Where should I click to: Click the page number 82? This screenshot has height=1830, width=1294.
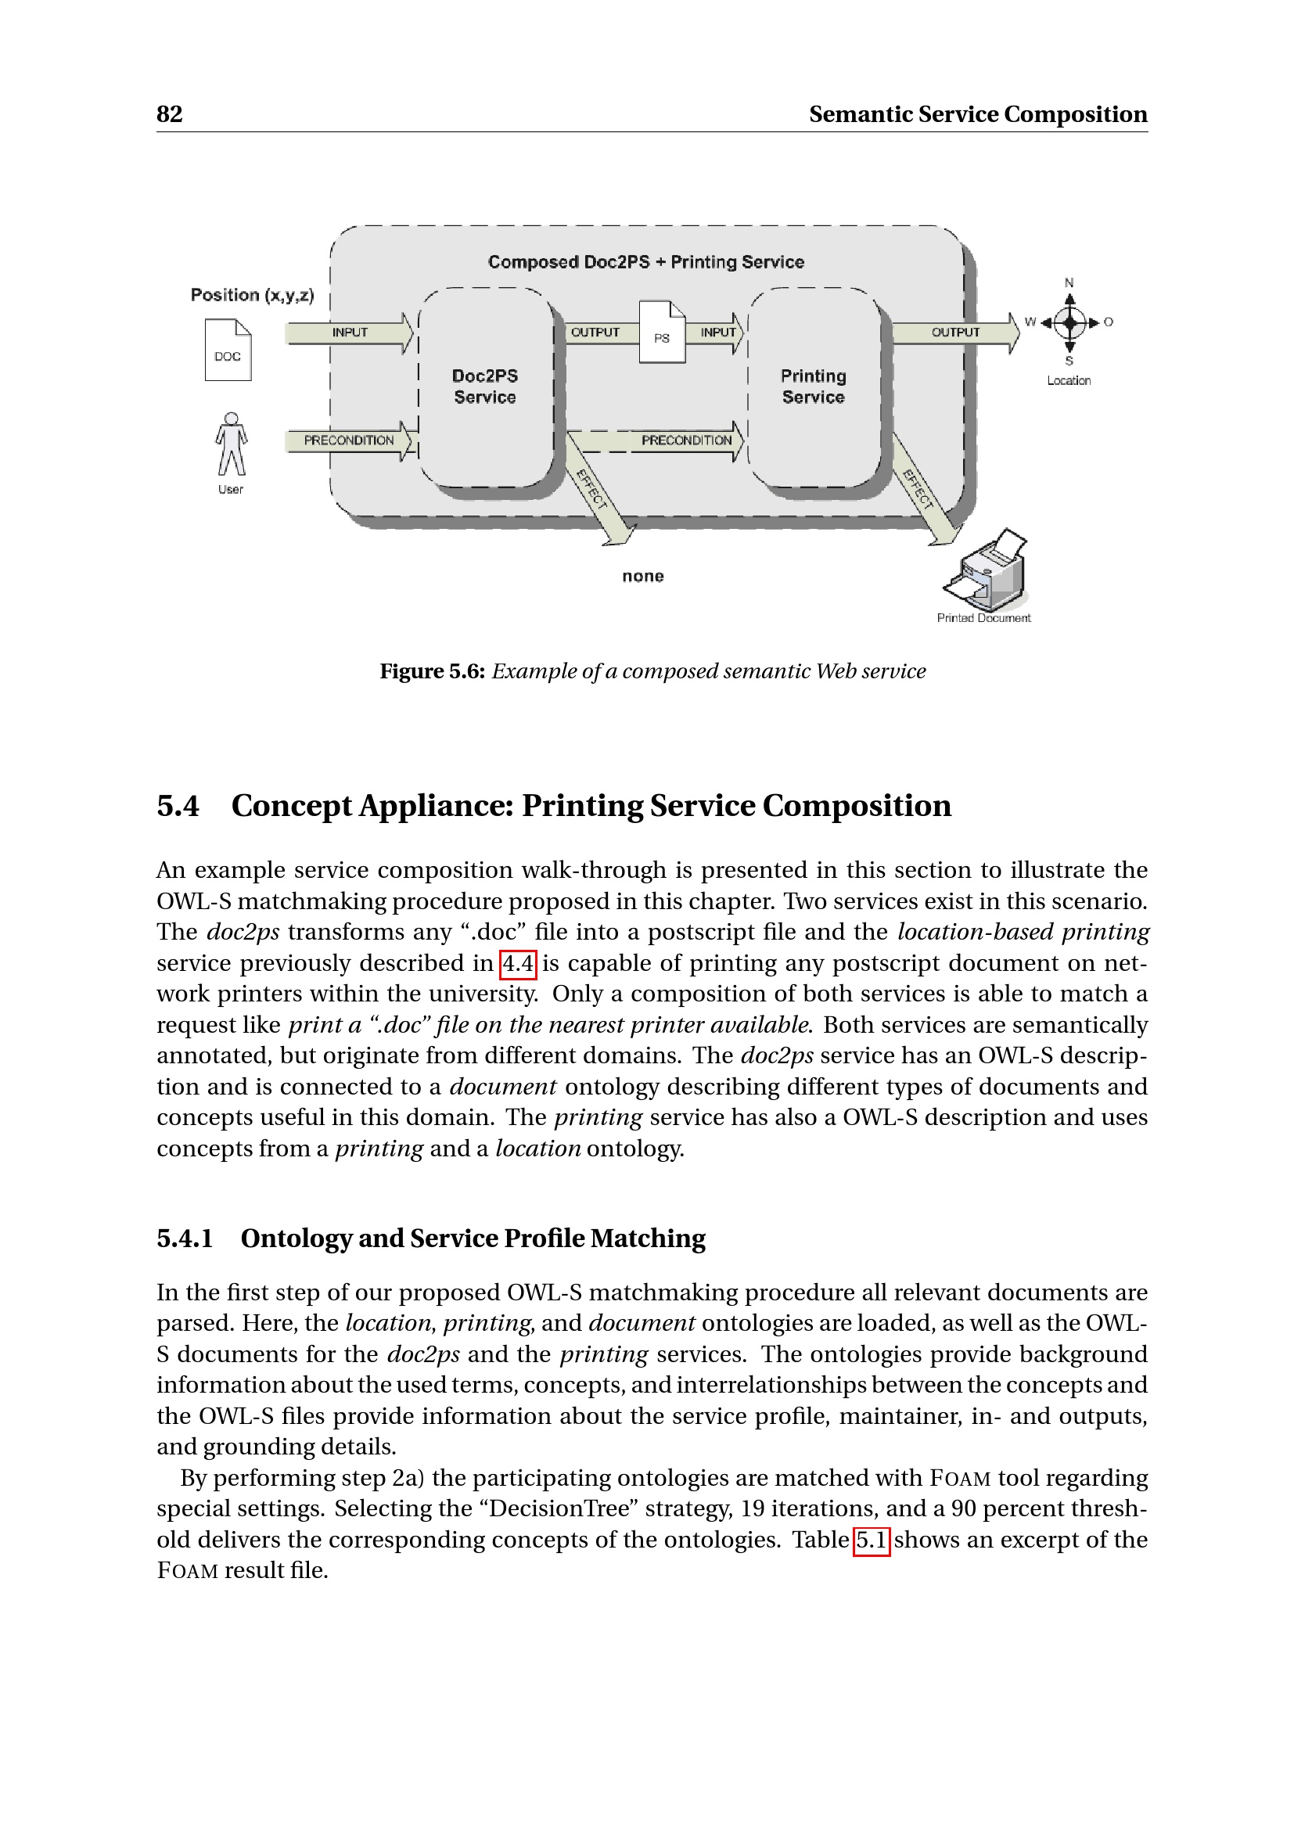(169, 114)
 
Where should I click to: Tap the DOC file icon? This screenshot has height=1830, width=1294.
(228, 350)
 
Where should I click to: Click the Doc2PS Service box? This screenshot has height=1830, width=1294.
(485, 386)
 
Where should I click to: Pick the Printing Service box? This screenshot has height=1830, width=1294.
(814, 386)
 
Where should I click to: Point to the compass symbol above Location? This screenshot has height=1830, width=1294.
(1069, 323)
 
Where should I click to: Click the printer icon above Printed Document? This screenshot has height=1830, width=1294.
(987, 570)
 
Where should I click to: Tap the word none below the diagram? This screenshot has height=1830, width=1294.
(643, 577)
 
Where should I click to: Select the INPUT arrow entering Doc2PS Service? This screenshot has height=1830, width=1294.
(350, 333)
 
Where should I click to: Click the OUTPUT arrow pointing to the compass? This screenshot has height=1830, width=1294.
(955, 333)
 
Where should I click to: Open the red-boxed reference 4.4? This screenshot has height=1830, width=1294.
(518, 964)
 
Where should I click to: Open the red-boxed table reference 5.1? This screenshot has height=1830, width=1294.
(871, 1539)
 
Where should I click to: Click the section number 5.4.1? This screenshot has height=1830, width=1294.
(185, 1238)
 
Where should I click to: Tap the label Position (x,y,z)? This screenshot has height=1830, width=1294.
(253, 295)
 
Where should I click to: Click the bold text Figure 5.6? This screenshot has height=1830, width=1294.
(432, 671)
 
